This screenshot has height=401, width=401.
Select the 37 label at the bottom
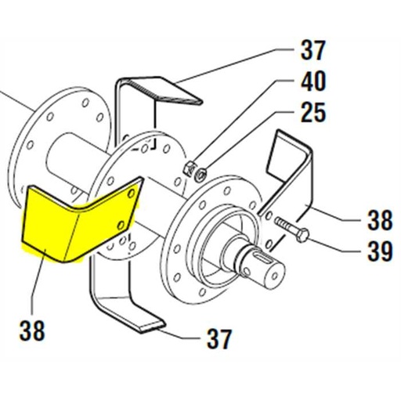coord(219,338)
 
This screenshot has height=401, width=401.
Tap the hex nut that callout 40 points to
coord(188,166)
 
